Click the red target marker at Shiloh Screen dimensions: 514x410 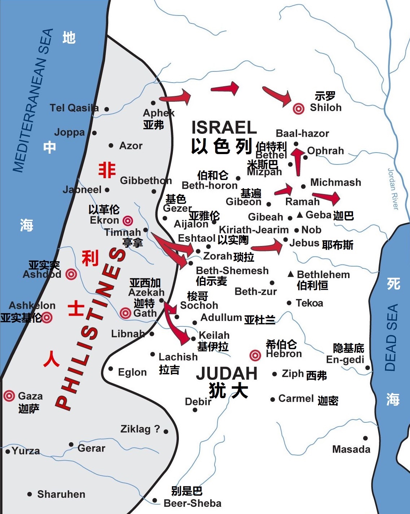[x=298, y=108]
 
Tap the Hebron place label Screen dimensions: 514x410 [x=284, y=354]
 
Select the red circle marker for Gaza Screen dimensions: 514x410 [x=9, y=396]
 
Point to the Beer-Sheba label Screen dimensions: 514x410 [x=192, y=503]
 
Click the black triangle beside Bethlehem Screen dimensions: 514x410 [x=291, y=274]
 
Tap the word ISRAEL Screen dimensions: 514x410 [x=224, y=128]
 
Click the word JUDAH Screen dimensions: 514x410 [x=226, y=374]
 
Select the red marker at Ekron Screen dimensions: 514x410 [x=128, y=220]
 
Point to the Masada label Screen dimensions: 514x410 [x=351, y=449]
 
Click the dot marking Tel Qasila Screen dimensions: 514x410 [x=107, y=109]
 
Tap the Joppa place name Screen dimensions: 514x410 [x=69, y=133]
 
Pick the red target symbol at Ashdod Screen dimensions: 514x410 [x=71, y=274]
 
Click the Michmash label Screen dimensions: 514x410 [x=335, y=183]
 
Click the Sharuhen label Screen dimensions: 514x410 [x=61, y=494]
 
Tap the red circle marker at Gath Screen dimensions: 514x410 [x=125, y=313]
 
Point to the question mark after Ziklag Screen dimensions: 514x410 [x=157, y=429]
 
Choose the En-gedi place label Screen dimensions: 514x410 [x=345, y=360]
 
